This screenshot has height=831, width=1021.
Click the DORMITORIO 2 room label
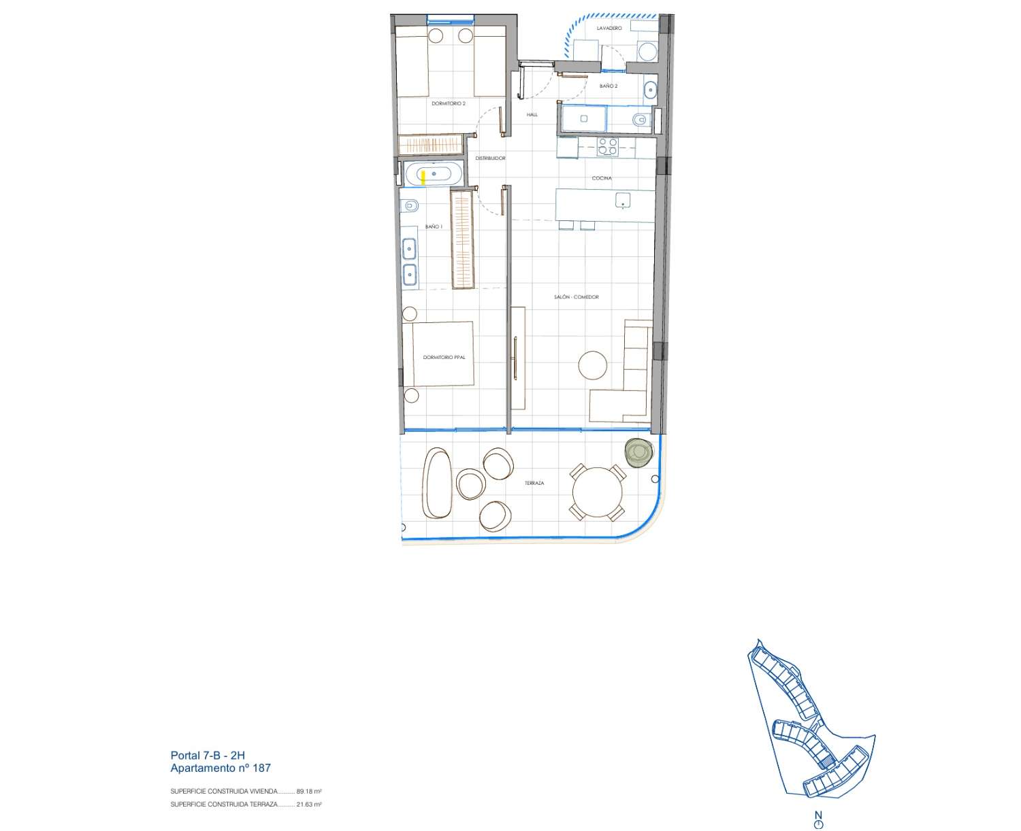(x=448, y=103)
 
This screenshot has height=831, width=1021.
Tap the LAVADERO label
(x=609, y=29)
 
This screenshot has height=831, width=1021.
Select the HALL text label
(x=532, y=114)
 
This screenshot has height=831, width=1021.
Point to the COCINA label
(x=602, y=178)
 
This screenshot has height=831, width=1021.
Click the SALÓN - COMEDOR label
(x=576, y=297)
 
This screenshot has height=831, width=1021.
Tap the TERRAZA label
(x=534, y=484)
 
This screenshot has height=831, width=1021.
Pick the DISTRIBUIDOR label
(x=490, y=158)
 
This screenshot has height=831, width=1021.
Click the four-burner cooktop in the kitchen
(x=607, y=147)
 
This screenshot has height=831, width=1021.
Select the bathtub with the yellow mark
(x=434, y=174)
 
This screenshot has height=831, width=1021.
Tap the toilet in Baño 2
(x=641, y=119)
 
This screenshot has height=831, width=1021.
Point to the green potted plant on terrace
(x=639, y=452)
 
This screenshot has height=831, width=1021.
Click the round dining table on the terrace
(x=597, y=492)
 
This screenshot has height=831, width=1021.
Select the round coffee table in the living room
(x=592, y=365)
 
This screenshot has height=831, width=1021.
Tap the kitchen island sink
(x=622, y=201)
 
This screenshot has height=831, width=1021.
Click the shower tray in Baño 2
(x=583, y=119)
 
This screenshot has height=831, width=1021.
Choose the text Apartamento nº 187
(x=221, y=768)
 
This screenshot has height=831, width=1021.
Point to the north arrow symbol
(x=818, y=819)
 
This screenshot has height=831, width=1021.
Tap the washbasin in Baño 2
(x=650, y=89)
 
